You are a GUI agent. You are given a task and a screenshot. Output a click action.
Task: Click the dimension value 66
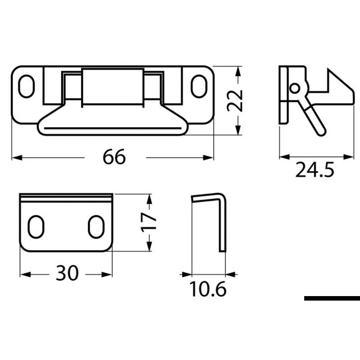click(114, 157)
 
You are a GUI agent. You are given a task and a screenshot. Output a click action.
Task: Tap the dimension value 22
click(234, 100)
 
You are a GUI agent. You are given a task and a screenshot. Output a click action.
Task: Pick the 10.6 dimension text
click(207, 289)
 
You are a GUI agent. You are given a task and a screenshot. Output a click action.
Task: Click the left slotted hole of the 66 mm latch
click(27, 85)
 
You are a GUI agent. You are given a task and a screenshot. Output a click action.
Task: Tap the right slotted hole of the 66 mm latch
click(197, 85)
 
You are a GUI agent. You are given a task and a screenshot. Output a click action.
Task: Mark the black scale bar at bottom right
click(332, 298)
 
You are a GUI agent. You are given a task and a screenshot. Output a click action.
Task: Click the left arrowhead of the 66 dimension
click(14, 157)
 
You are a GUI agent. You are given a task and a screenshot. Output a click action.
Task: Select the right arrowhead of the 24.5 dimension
click(351, 157)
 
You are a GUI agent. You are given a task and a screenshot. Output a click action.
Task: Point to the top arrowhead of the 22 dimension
click(238, 69)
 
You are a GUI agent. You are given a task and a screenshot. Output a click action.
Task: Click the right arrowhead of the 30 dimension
click(108, 274)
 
